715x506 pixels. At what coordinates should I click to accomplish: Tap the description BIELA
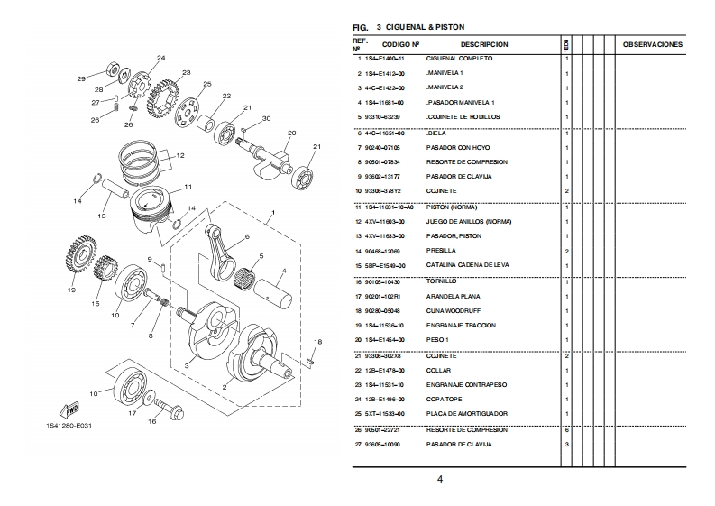pyautogui.click(x=436, y=133)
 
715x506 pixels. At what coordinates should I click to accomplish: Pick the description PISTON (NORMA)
pyautogui.click(x=451, y=207)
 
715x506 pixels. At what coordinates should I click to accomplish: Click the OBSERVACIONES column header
pyautogui.click(x=653, y=44)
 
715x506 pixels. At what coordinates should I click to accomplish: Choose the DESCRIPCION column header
pyautogui.click(x=484, y=44)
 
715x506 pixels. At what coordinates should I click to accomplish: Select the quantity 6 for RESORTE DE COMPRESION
pyautogui.click(x=566, y=429)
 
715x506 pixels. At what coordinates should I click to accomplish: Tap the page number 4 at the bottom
pyautogui.click(x=439, y=479)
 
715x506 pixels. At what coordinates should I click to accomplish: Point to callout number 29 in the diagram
pyautogui.click(x=81, y=79)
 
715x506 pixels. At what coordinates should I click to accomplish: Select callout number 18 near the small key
pyautogui.click(x=316, y=342)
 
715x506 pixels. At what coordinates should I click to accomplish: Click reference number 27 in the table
pyautogui.click(x=358, y=444)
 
